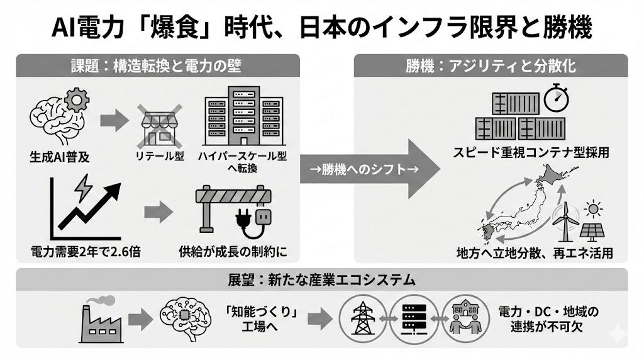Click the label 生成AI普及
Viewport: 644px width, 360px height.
[x=59, y=157]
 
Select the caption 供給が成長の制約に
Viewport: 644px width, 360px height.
[x=233, y=252]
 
